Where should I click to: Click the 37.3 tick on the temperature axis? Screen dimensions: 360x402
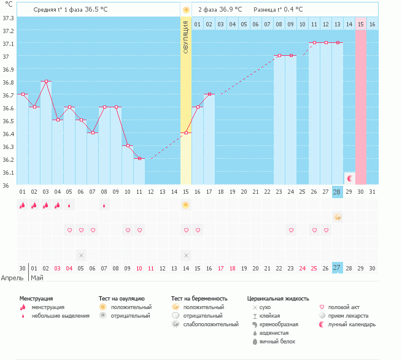tap(8, 18)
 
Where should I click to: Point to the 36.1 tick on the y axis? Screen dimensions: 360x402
tap(8, 172)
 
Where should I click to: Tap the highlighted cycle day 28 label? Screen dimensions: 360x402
tap(337, 191)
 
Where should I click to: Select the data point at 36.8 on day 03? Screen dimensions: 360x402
tap(46, 81)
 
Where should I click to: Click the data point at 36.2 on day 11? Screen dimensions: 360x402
tap(139, 158)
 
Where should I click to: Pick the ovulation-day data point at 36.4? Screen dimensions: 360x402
tap(186, 132)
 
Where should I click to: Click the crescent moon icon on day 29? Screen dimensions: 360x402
tap(350, 178)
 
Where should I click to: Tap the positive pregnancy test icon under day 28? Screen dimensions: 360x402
tap(337, 217)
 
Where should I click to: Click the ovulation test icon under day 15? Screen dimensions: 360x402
tap(186, 205)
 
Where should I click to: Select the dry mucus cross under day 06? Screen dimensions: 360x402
tap(81, 255)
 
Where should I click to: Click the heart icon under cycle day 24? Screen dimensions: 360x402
tap(290, 230)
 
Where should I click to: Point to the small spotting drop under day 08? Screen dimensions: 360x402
tap(104, 205)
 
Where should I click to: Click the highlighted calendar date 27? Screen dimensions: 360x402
tap(337, 268)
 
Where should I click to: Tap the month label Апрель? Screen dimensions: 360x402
tap(12, 278)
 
